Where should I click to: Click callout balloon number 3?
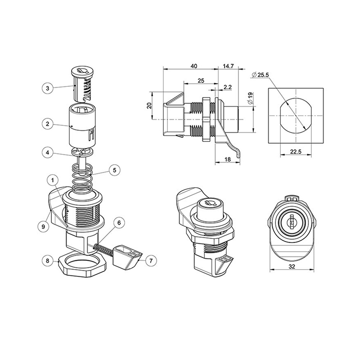tap(48, 88)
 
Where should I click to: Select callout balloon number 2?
tap(48, 124)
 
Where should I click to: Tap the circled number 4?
tap(48, 153)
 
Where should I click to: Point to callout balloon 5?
tap(115, 170)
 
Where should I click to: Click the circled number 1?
tap(53, 180)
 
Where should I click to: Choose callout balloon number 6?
tap(119, 223)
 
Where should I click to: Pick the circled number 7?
tap(151, 261)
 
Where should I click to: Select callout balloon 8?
tap(48, 261)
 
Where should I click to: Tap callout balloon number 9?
tap(43, 226)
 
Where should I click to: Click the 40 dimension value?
tap(194, 66)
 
